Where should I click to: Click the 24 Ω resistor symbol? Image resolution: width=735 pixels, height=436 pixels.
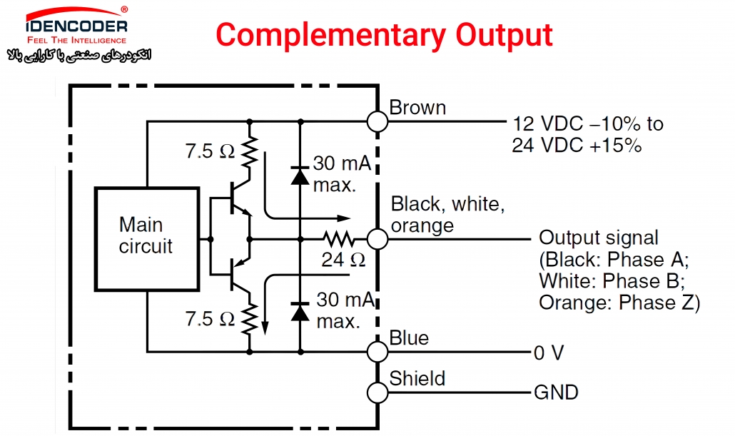338,240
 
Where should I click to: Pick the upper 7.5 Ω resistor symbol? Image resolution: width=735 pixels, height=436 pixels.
249,151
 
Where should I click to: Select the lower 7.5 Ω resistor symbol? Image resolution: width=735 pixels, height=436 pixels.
249,319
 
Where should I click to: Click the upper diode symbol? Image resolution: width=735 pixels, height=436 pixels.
300,176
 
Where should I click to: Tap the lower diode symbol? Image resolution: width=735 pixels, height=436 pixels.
300,311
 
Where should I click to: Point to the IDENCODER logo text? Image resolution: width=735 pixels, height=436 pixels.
76,26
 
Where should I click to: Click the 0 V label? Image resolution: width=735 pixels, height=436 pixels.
549,353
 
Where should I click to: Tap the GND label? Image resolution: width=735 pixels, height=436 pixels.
556,392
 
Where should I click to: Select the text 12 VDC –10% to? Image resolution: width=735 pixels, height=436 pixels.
587,123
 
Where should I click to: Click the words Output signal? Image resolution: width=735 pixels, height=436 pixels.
598,238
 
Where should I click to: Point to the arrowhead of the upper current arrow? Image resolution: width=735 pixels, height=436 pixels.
344,218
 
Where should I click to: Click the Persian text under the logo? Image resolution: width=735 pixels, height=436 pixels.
78,56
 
